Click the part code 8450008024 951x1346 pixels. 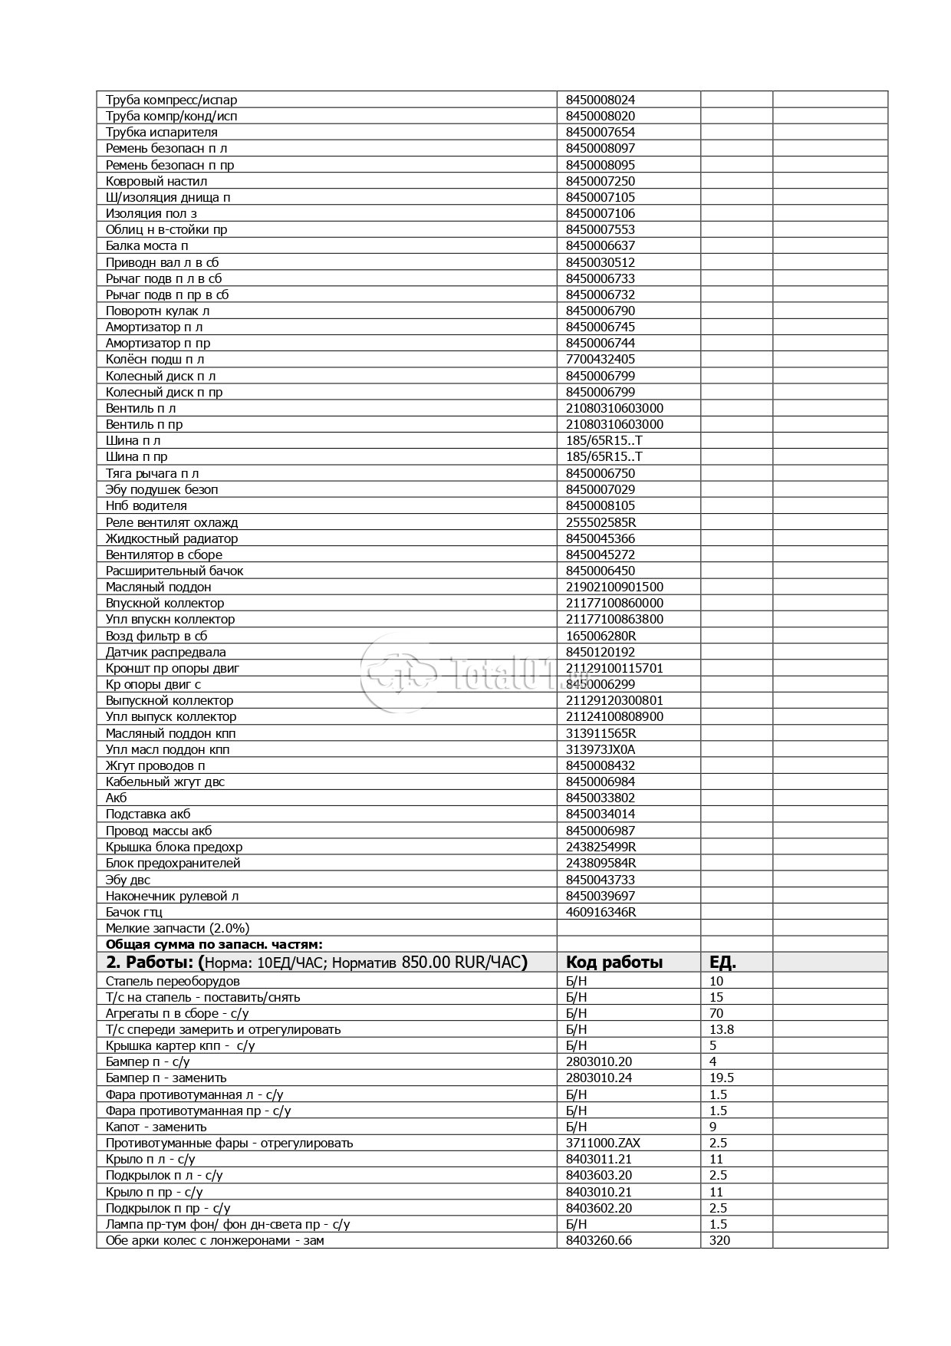click(601, 100)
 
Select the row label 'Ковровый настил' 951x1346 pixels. click(156, 181)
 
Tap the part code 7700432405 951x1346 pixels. click(601, 359)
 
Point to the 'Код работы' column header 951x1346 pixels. click(614, 962)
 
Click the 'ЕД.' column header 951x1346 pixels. click(723, 962)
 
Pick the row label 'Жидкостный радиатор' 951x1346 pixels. click(172, 538)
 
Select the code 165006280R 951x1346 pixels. click(601, 636)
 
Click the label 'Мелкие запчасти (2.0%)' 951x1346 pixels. click(178, 928)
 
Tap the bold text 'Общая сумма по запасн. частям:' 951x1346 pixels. click(214, 944)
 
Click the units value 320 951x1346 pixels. click(720, 1240)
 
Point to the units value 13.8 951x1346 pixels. click(722, 1029)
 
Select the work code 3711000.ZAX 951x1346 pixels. click(604, 1143)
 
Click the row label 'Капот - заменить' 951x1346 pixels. click(156, 1127)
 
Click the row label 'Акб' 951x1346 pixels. click(117, 798)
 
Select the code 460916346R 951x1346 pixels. click(601, 912)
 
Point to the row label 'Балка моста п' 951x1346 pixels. click(147, 245)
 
